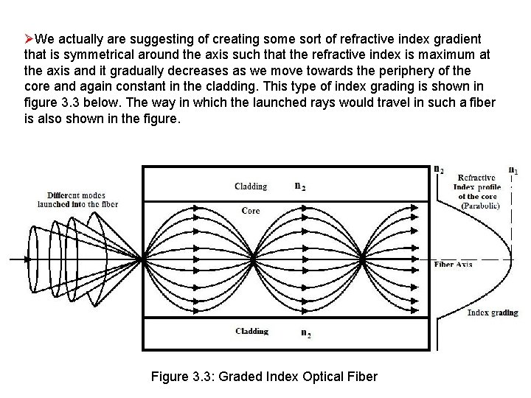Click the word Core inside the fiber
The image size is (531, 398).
click(x=251, y=211)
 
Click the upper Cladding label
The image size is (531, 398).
click(x=251, y=186)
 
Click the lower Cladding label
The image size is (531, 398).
click(x=251, y=332)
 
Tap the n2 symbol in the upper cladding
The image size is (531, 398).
click(x=300, y=186)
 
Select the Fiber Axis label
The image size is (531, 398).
click(x=454, y=264)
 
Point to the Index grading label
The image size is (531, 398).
click(x=493, y=313)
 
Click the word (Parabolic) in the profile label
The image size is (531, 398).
click(x=480, y=206)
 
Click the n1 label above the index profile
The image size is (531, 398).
click(x=513, y=170)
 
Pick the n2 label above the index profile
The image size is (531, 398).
click(x=439, y=170)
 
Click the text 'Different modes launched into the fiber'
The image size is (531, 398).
click(x=77, y=199)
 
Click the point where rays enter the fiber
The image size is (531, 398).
click(x=142, y=259)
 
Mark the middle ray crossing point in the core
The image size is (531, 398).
click(x=253, y=259)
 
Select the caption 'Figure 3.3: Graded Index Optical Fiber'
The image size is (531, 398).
click(x=264, y=377)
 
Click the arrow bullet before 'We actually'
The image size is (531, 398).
click(x=29, y=38)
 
